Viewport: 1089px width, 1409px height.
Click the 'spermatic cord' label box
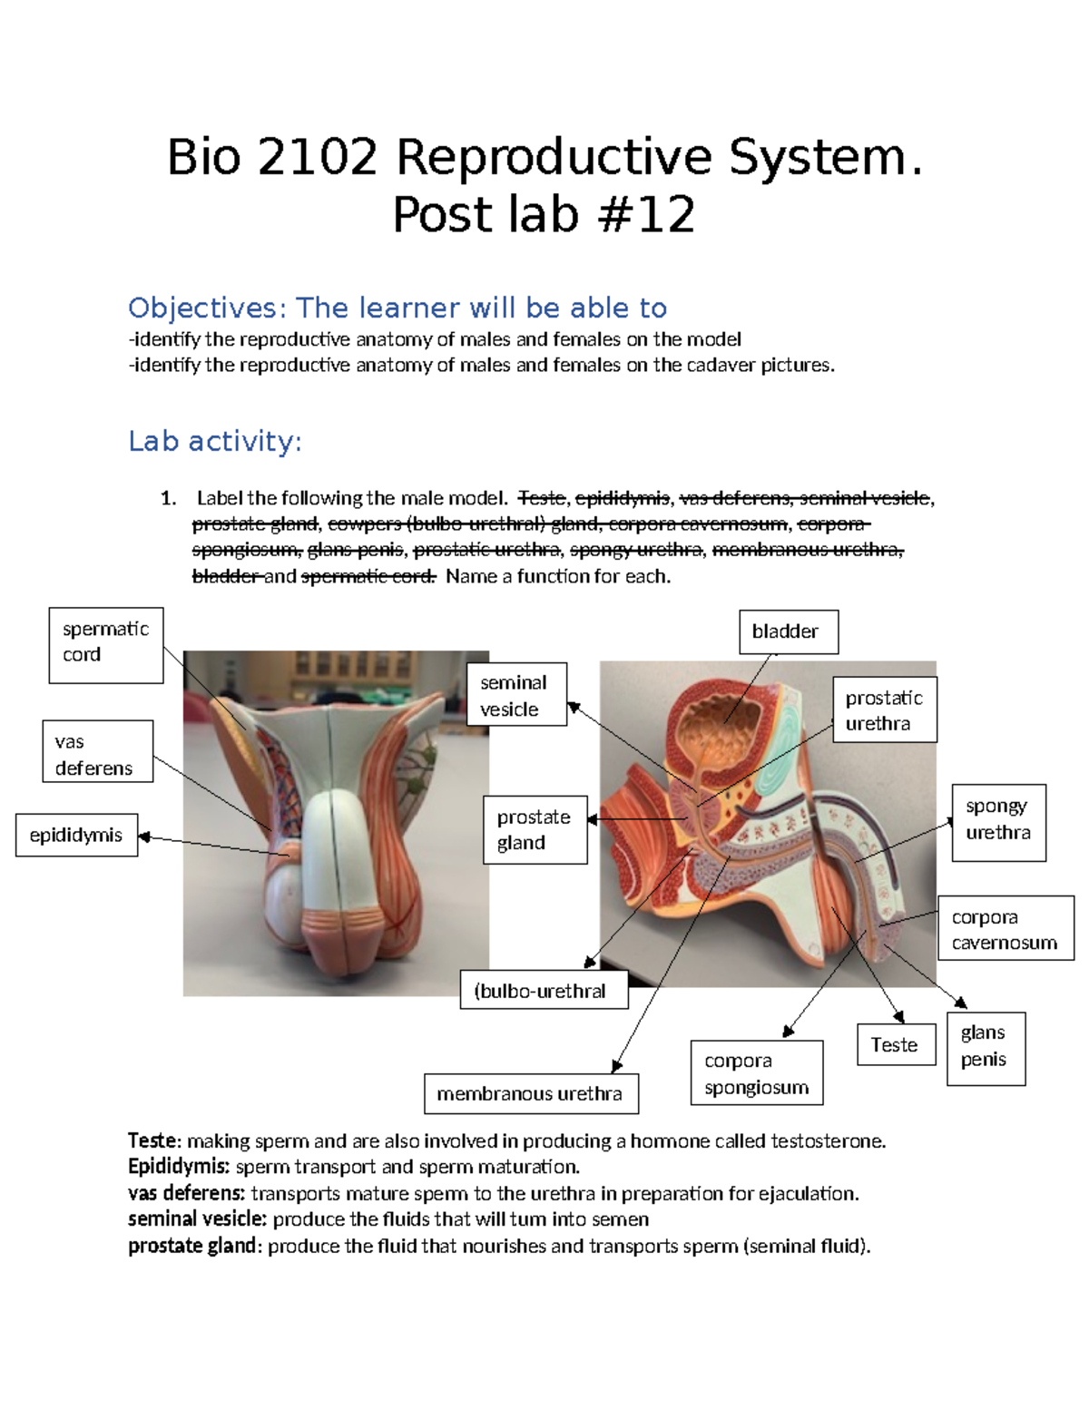[x=105, y=644]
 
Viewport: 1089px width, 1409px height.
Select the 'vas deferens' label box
[x=97, y=751]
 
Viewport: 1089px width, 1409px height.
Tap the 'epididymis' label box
[x=76, y=835]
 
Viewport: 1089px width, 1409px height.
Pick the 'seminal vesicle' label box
[x=516, y=694]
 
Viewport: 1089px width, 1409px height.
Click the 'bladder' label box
[x=788, y=631]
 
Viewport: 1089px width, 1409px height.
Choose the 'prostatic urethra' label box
[x=884, y=709]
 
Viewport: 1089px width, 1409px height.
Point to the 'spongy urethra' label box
[x=998, y=822]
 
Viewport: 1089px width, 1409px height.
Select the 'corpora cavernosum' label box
[x=1005, y=928]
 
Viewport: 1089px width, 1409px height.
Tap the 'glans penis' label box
[x=986, y=1048]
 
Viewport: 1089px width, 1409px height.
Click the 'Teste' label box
[x=896, y=1044]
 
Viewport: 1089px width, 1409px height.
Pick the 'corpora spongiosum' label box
[x=756, y=1072]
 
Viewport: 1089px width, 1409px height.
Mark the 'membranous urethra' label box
[x=531, y=1093]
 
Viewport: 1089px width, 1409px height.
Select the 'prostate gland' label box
[x=535, y=829]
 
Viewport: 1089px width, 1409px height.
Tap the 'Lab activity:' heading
[x=214, y=441]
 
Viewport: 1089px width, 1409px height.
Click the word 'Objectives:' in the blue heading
[x=208, y=308]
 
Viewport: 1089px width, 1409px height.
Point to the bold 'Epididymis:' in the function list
[x=179, y=1167]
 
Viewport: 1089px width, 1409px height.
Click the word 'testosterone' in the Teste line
[x=826, y=1140]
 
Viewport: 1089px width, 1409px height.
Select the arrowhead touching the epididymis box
[x=143, y=837]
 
